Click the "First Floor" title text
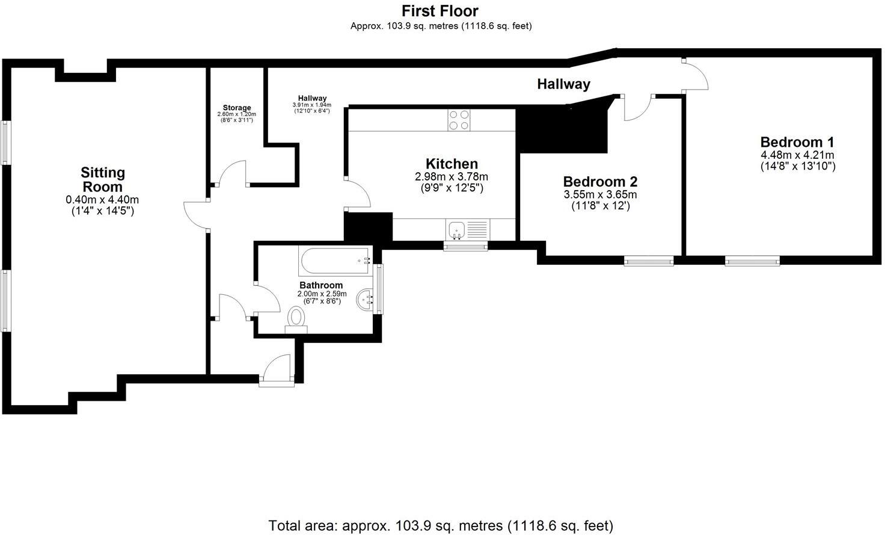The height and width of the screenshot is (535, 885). (x=440, y=11)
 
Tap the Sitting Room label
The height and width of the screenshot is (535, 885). (x=103, y=179)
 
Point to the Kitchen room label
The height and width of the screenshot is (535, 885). (x=452, y=164)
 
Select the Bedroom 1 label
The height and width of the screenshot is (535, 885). (x=797, y=142)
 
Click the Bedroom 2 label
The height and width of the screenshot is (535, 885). (x=600, y=181)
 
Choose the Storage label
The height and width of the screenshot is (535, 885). (x=236, y=108)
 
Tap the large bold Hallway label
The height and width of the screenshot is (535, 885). (x=563, y=84)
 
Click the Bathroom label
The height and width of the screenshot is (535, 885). (x=321, y=285)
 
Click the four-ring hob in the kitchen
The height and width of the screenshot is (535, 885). (x=459, y=120)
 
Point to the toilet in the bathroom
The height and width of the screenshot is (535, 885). (x=296, y=318)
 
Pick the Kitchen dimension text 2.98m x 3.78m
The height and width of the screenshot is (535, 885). (x=452, y=177)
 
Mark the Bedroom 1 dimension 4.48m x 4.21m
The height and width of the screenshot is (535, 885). (x=797, y=155)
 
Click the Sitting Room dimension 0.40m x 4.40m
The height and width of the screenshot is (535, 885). (x=103, y=200)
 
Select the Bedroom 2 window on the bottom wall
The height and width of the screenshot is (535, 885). (x=648, y=261)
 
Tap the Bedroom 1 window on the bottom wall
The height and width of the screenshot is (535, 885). (x=752, y=261)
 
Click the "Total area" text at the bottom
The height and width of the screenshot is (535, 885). (x=440, y=525)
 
